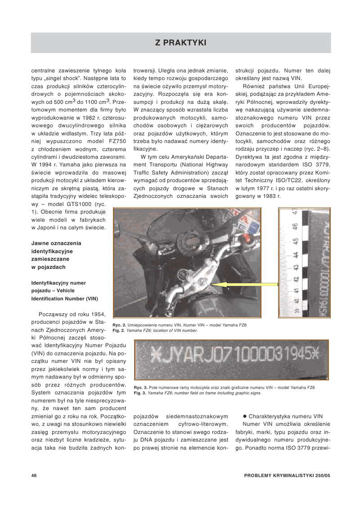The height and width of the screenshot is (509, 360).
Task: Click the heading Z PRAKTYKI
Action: (181, 43)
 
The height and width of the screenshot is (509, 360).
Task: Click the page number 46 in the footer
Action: (34, 475)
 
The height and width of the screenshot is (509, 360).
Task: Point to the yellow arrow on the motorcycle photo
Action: (243, 285)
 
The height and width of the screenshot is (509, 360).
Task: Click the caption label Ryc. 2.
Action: (120, 325)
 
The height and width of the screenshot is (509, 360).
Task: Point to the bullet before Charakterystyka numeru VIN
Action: (245, 416)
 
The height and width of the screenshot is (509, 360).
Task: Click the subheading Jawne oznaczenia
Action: (57, 243)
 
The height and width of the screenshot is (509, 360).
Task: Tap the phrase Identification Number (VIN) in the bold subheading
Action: (64, 299)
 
